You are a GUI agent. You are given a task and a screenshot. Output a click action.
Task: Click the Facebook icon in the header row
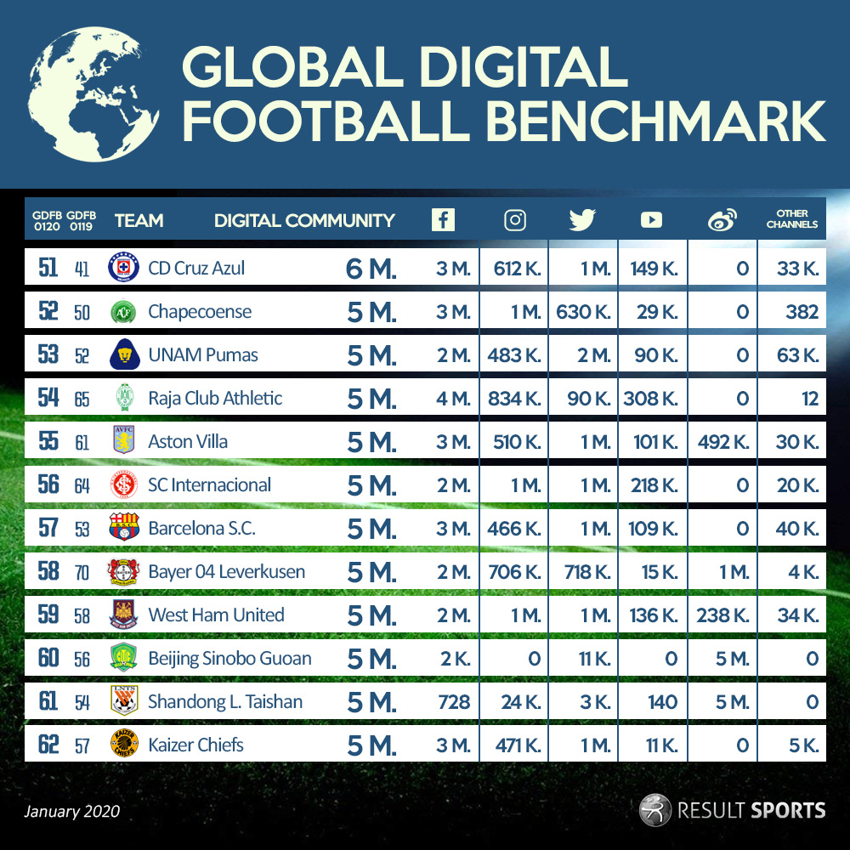tap(443, 220)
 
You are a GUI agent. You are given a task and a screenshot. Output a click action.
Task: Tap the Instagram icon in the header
tap(514, 220)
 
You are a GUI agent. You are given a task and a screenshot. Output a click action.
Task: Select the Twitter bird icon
tap(582, 220)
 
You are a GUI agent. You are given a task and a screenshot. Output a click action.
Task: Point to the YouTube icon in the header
tap(651, 220)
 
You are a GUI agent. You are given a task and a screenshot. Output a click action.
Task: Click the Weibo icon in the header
tap(722, 219)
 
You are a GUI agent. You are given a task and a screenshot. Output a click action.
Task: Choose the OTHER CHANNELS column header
tap(792, 218)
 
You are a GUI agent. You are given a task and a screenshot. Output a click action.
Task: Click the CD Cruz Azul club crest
tap(123, 267)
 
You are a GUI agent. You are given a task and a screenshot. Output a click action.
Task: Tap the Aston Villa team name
tap(188, 442)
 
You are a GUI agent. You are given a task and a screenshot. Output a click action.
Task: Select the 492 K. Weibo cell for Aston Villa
tap(723, 442)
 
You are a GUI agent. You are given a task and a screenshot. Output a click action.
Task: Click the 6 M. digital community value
tap(371, 269)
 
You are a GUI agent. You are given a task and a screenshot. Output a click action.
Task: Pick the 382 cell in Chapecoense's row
tap(802, 312)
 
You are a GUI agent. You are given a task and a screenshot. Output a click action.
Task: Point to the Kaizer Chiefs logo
tap(124, 743)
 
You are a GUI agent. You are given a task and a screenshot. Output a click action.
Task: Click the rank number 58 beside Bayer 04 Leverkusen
tap(48, 571)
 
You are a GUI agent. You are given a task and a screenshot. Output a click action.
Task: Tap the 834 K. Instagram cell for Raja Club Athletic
tap(514, 399)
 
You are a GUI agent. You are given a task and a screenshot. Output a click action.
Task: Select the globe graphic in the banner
tap(93, 94)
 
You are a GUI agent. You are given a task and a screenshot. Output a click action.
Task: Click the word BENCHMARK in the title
tap(656, 121)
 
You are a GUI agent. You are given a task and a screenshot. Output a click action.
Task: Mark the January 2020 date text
tap(71, 811)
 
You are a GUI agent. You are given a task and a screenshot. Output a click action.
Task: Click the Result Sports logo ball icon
tap(654, 810)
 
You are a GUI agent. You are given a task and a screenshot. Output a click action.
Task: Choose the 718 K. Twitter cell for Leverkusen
tap(587, 572)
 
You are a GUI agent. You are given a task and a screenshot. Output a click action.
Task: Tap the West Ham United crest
tap(123, 614)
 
